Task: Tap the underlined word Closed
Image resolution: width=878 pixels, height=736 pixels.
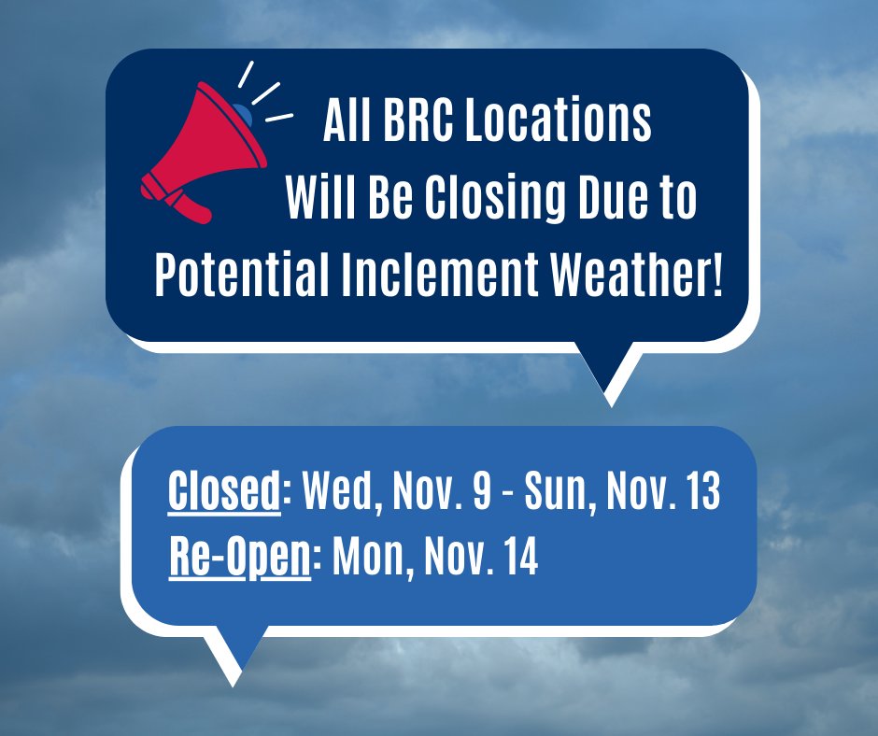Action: [x=224, y=493]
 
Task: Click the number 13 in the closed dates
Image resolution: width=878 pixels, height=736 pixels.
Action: [x=700, y=493]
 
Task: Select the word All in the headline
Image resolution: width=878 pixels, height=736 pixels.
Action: [x=341, y=124]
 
